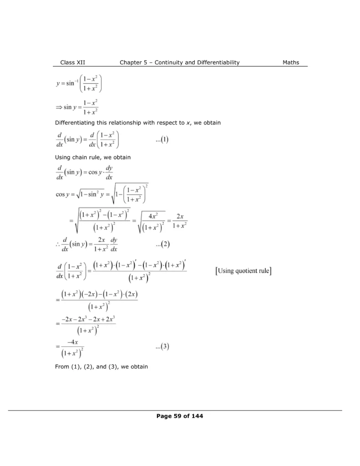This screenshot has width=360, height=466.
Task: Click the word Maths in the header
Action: point(291,62)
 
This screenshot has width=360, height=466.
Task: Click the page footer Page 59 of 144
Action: point(180,416)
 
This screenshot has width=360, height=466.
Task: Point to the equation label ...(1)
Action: point(162,140)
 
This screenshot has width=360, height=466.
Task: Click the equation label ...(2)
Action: point(162,244)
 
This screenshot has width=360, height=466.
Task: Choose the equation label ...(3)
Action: point(162,347)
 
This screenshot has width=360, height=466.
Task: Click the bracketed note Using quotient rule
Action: point(243,272)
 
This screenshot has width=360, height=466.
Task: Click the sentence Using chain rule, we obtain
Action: point(92,157)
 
